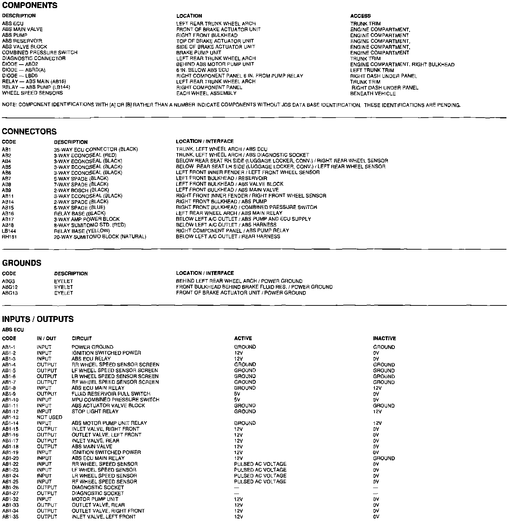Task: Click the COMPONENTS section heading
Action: [30, 6]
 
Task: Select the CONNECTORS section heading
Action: [29, 132]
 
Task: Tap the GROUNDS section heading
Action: [22, 263]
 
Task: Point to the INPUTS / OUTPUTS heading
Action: [38, 319]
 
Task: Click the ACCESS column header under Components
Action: [360, 16]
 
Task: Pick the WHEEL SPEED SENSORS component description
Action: [32, 93]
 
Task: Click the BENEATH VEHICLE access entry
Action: [373, 94]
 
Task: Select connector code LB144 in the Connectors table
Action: [9, 231]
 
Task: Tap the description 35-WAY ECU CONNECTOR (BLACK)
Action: [96, 149]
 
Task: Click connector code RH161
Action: [9, 237]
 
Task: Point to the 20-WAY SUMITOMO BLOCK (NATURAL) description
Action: [100, 237]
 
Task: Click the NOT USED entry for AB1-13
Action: [49, 417]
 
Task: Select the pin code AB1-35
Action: [10, 517]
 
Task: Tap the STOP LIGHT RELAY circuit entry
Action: [95, 411]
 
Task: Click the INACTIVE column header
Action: [384, 338]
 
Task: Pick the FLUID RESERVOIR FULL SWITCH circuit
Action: [111, 394]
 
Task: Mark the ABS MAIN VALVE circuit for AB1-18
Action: [92, 447]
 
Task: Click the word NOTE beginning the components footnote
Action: [9, 105]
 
